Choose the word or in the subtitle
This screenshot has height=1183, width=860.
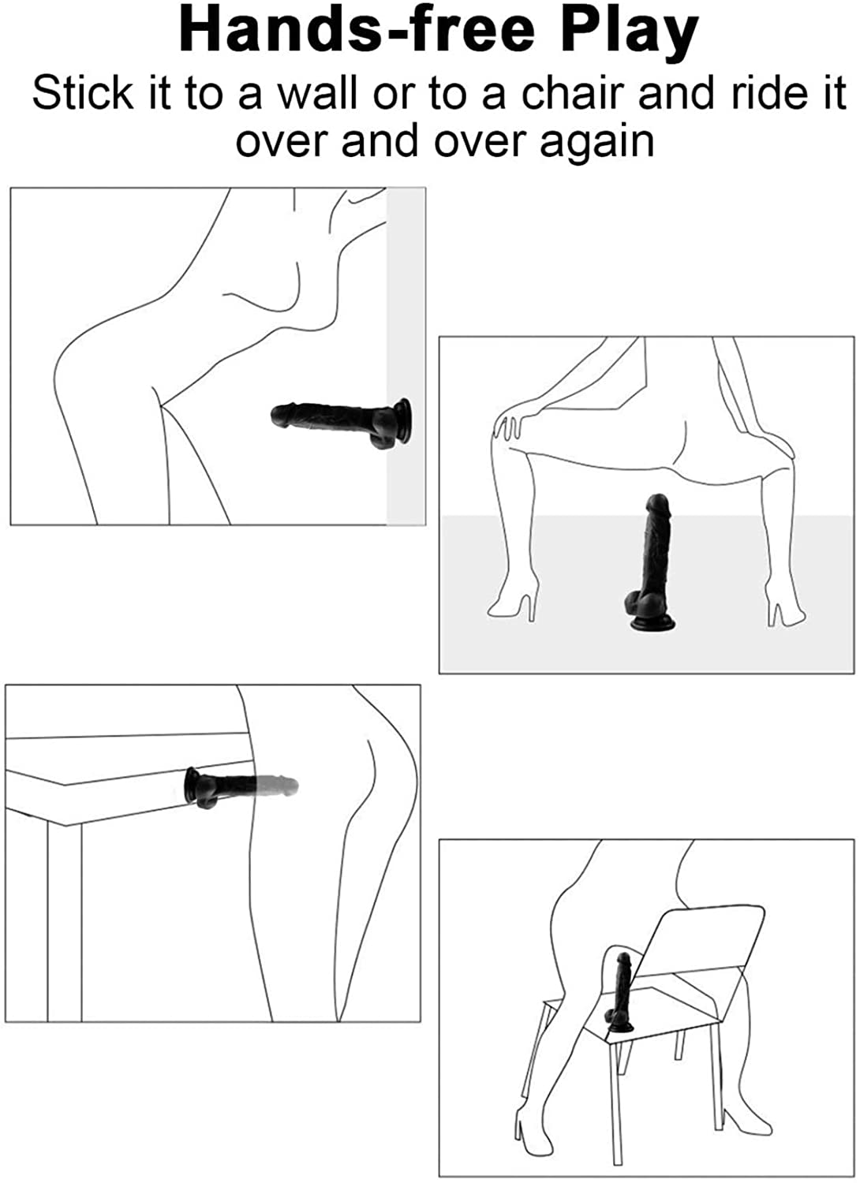pyautogui.click(x=393, y=98)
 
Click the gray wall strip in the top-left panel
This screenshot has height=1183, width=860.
pyautogui.click(x=406, y=356)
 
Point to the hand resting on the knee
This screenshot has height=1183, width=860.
pyautogui.click(x=508, y=426)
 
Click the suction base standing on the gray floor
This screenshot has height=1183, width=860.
pyautogui.click(x=653, y=623)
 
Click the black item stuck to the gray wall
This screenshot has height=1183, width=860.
pyautogui.click(x=342, y=423)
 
